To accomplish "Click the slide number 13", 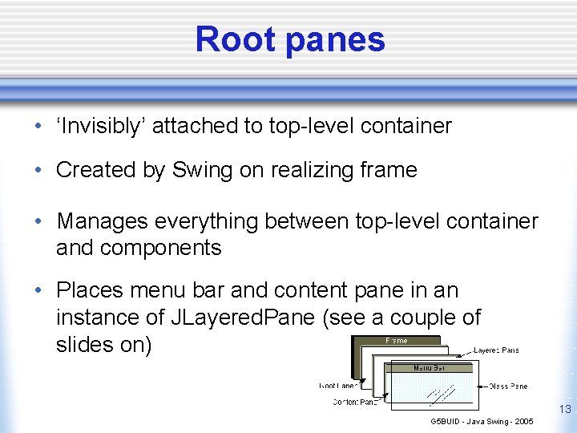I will [x=565, y=410].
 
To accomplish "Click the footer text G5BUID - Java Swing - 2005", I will [x=482, y=421].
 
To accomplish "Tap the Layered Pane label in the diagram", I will [x=496, y=350].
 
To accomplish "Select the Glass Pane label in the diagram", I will [x=507, y=386].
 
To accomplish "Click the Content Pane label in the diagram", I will [x=353, y=403].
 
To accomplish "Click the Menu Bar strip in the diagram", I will [x=431, y=368].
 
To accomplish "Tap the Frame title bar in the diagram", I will [x=397, y=341].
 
